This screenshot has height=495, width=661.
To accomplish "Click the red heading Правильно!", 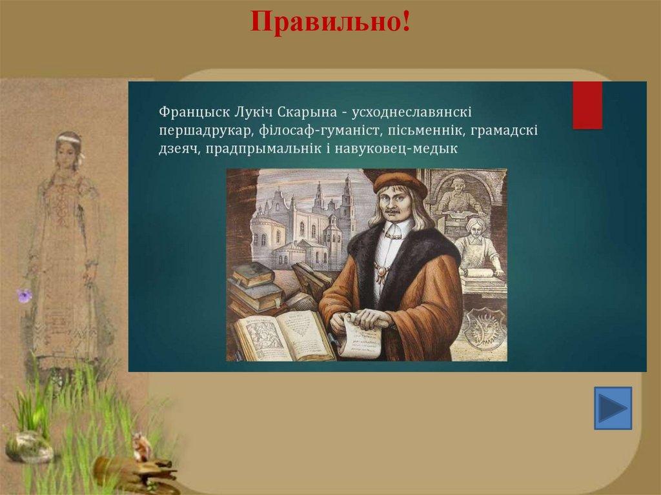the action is point(330,21).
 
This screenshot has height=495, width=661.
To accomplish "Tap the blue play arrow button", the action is point(613,408).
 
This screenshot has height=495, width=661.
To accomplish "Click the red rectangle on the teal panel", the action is point(587,105).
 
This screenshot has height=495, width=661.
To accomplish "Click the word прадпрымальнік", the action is point(263,149).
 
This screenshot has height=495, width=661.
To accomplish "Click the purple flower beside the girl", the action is point(24,296).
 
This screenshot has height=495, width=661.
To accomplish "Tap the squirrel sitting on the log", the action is point(142,447).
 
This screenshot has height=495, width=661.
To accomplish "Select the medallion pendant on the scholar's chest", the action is point(382,272).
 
